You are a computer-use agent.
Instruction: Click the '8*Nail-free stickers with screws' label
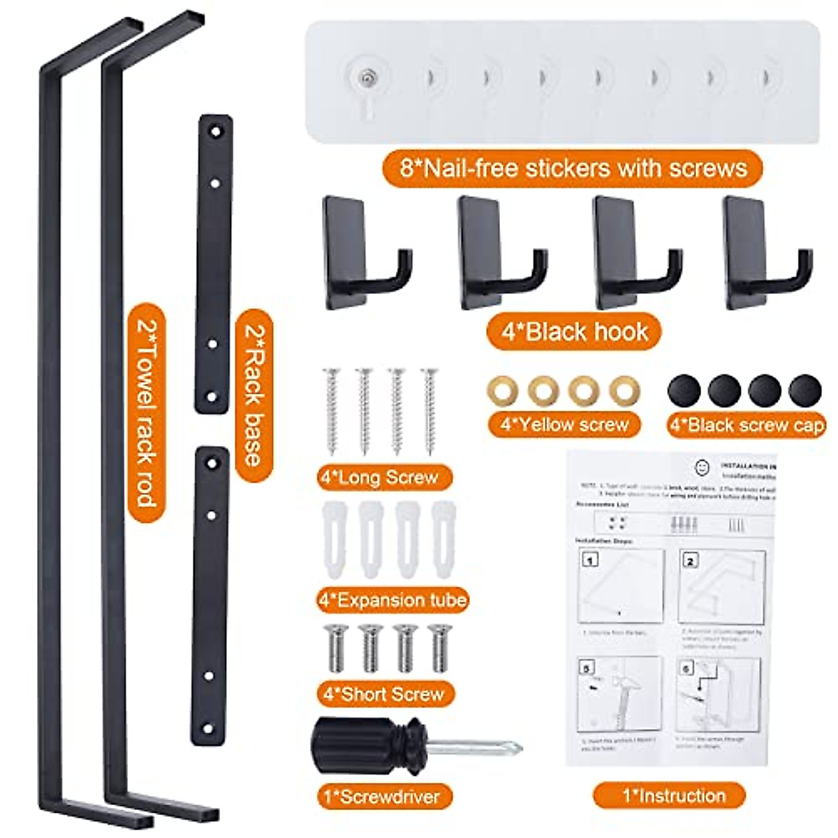571,168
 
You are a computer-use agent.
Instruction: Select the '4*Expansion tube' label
392,599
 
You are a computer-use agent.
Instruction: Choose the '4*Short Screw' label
384,693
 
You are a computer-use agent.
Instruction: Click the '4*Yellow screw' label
564,425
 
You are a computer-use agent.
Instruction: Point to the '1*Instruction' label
669,795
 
